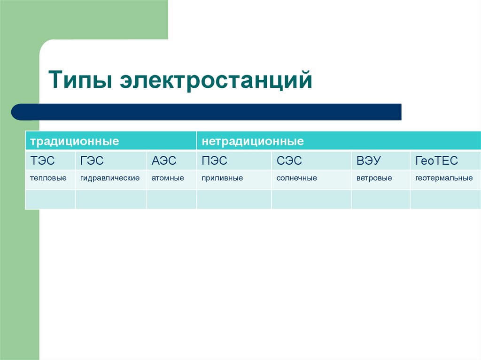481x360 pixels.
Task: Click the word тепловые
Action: [x=48, y=178]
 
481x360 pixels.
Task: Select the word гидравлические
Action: [x=110, y=178]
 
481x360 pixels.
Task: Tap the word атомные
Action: [x=168, y=178]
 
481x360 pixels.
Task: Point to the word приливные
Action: [x=222, y=178]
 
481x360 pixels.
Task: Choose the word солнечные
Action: [x=296, y=178]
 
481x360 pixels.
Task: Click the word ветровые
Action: [x=374, y=178]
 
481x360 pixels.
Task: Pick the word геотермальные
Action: [x=444, y=178]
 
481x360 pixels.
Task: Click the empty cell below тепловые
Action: [x=50, y=199]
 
